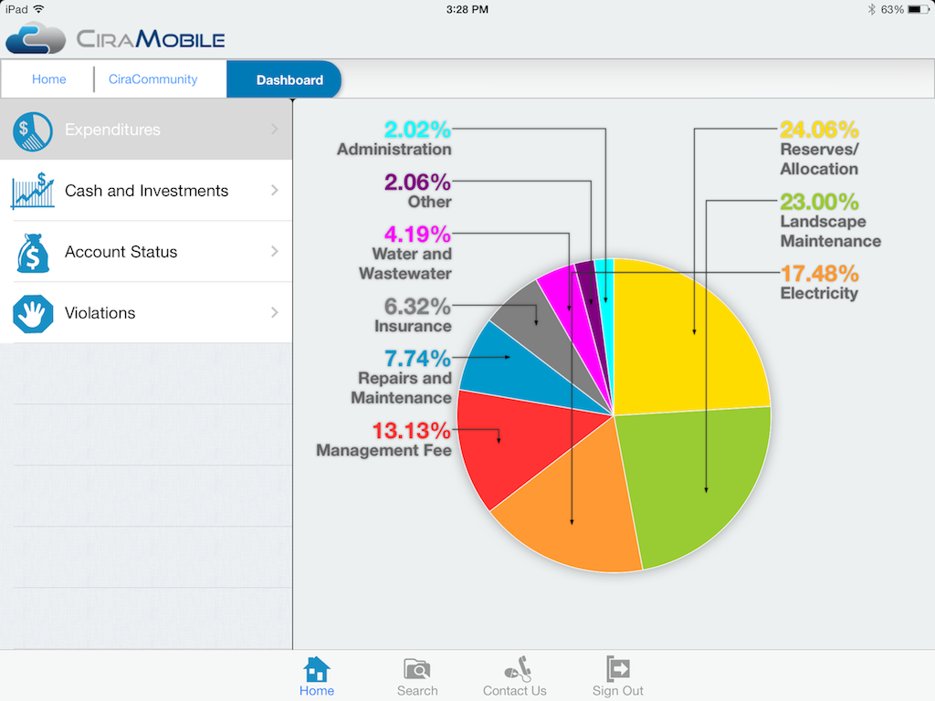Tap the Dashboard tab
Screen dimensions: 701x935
[x=289, y=79]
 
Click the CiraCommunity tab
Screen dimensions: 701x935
[x=152, y=79]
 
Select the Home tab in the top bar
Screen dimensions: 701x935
[x=48, y=79]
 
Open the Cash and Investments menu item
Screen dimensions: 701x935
[x=146, y=191]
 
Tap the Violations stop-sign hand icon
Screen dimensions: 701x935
[x=33, y=313]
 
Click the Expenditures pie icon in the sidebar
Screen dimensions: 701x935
[x=33, y=131]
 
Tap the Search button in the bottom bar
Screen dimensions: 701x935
[x=417, y=676]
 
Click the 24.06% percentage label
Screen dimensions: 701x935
[x=819, y=130]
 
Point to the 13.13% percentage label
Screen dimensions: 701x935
[x=411, y=430]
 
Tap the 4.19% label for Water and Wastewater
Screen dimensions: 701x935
[x=417, y=235]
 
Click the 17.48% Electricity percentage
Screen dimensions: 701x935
[x=819, y=273]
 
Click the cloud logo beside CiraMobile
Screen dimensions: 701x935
[x=36, y=38]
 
